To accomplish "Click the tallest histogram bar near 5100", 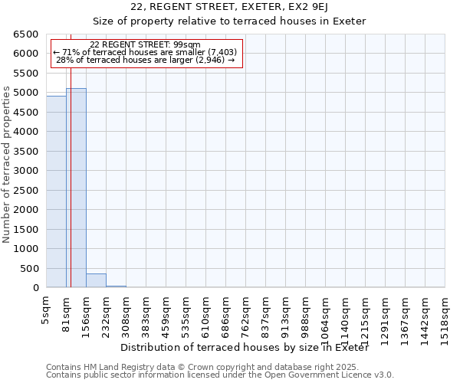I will click(x=76, y=188).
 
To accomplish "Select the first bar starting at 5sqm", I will click(x=56, y=191).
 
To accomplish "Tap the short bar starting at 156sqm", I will click(x=96, y=281).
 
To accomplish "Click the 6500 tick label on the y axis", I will click(x=26, y=34).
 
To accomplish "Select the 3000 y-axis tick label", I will click(x=26, y=171).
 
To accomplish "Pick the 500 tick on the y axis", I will click(x=29, y=268).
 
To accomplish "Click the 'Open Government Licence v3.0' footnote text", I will click(x=333, y=375).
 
